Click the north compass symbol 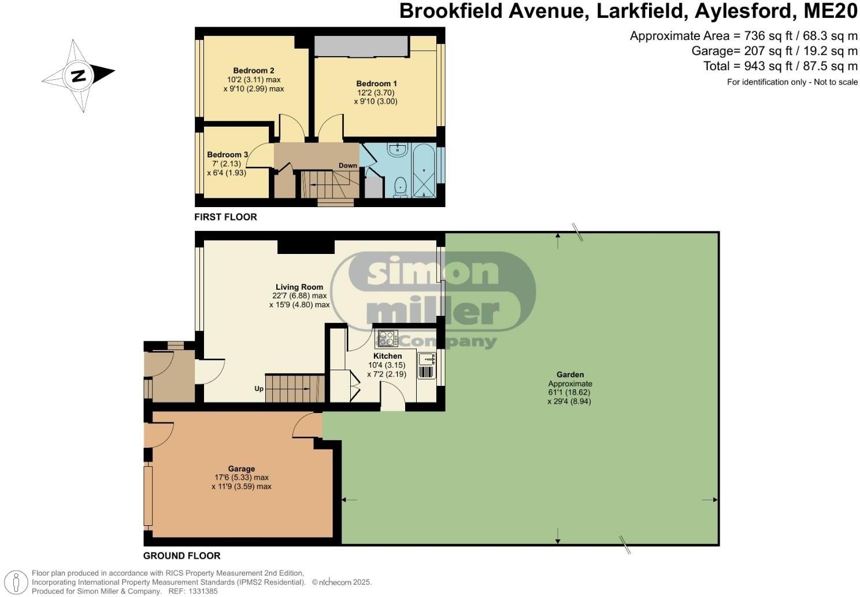click(79, 75)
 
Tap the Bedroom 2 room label click(253, 71)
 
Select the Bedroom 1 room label click(376, 84)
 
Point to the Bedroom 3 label click(228, 155)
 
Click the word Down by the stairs click(348, 165)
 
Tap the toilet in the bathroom click(399, 186)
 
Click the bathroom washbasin click(398, 150)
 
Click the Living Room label click(299, 287)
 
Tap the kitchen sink click(427, 359)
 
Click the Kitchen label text click(387, 356)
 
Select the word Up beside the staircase click(259, 389)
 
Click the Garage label click(242, 469)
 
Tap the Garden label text click(570, 375)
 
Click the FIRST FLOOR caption click(225, 217)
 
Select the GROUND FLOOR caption click(181, 556)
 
